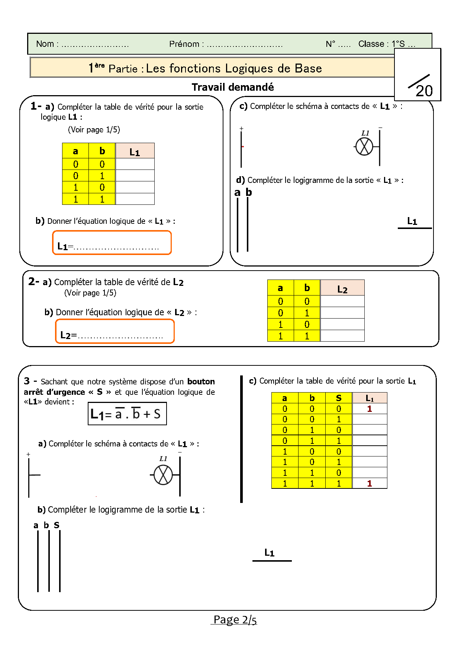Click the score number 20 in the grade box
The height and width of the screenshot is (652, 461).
424,91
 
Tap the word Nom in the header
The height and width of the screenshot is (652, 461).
45,44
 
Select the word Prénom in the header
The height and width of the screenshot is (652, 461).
184,44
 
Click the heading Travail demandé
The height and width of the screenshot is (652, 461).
233,87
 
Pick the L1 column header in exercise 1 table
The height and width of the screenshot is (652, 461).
135,151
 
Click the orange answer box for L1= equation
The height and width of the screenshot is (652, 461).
112,243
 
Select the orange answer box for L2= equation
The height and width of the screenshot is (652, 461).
115,331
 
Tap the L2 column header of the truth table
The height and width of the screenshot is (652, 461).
342,288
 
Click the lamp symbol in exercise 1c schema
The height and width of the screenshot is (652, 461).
364,146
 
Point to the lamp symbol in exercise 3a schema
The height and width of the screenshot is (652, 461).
163,475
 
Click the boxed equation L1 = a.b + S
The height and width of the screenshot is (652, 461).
127,414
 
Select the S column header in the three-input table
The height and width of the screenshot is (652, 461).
338,398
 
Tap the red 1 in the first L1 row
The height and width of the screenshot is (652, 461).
370,409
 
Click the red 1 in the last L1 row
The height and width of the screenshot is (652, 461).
370,483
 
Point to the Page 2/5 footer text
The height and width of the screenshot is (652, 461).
235,620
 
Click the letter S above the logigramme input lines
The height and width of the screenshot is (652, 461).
57,525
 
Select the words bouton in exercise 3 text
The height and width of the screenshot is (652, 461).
201,381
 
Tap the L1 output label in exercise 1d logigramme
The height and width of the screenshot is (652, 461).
412,221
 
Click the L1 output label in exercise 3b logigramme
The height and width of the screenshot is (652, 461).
269,553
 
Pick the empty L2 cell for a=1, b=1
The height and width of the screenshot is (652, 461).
342,336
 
